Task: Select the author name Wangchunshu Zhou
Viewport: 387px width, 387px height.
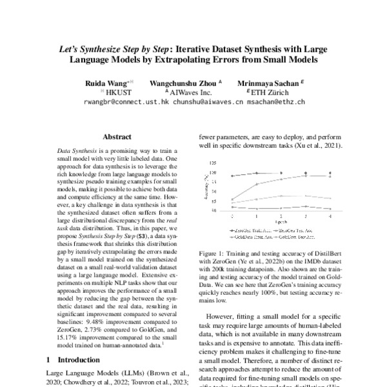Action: [x=183, y=83]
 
